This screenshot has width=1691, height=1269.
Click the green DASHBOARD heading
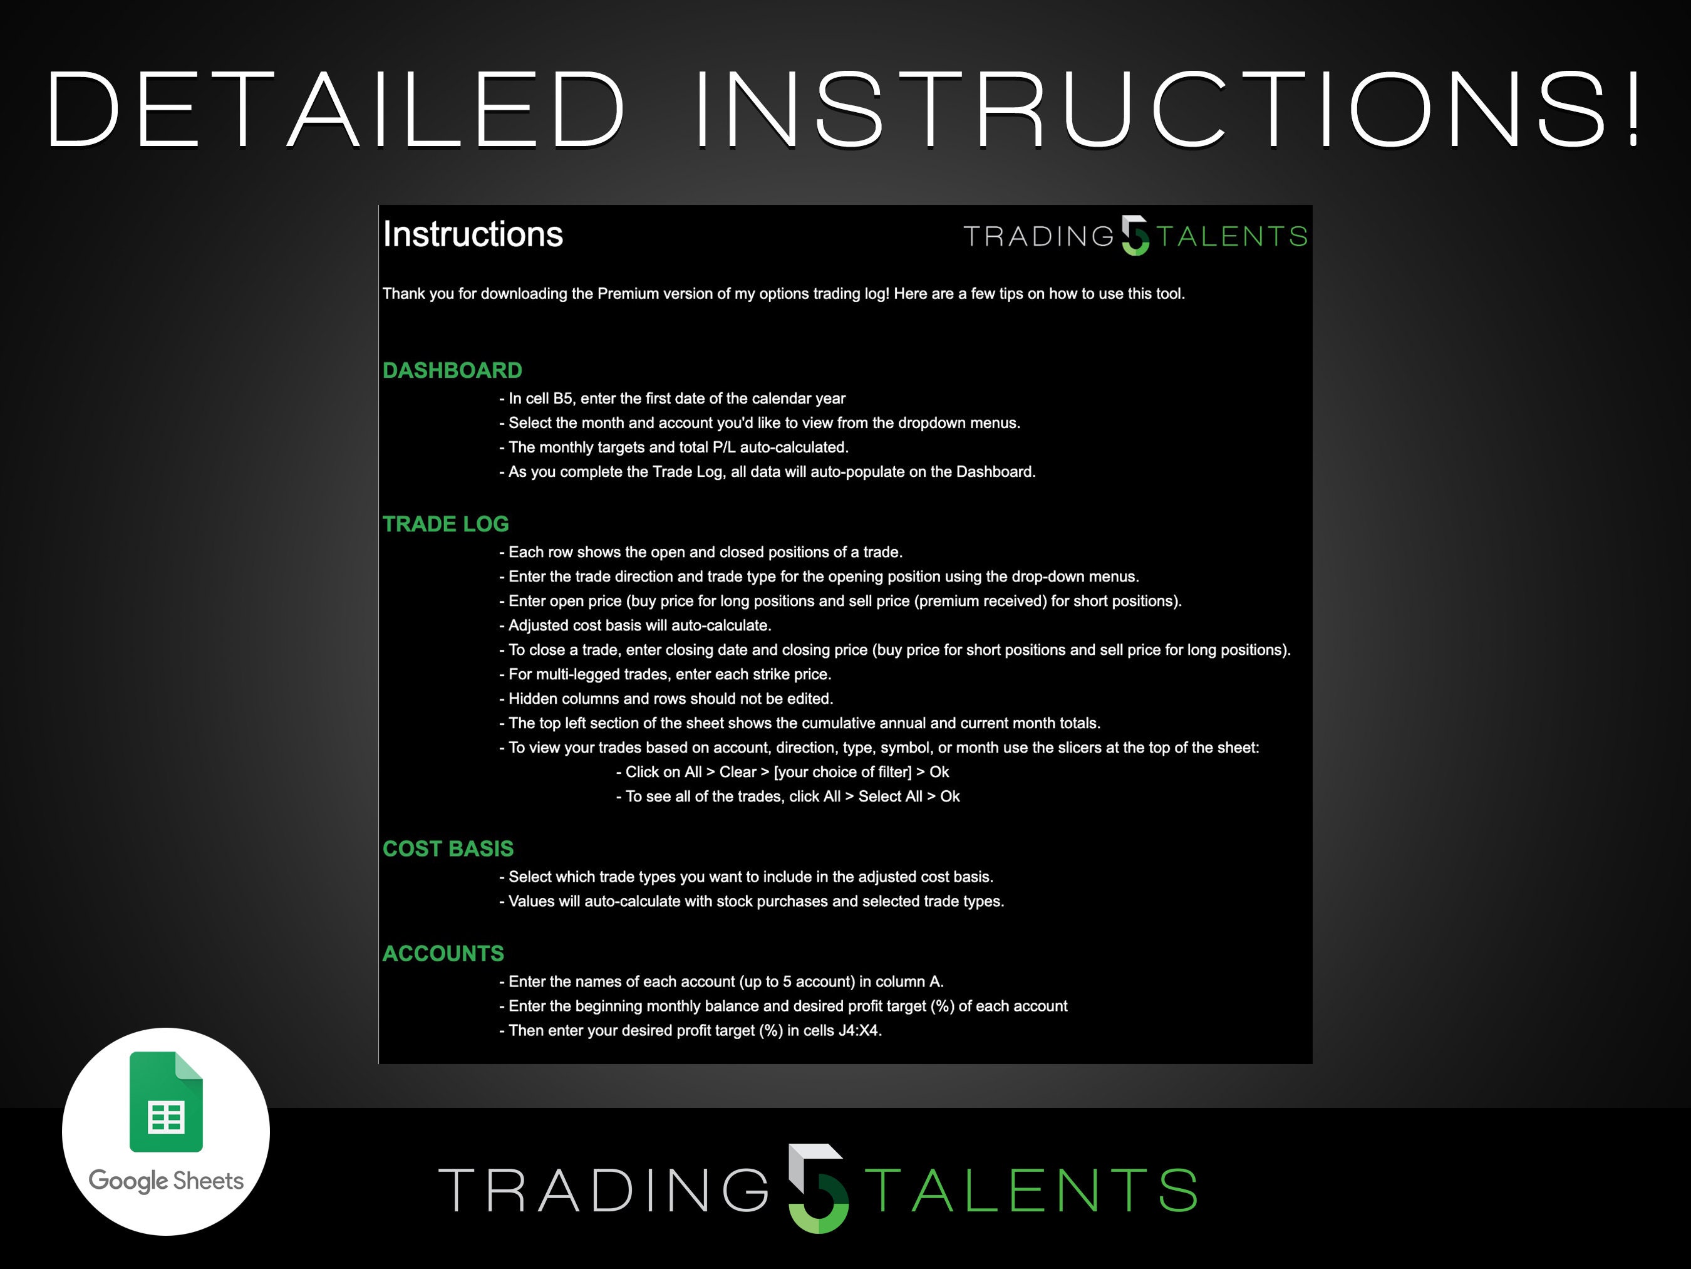(452, 370)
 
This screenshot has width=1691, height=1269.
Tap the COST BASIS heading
(448, 849)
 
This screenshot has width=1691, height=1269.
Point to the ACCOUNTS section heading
(443, 953)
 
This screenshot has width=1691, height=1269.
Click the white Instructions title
(472, 234)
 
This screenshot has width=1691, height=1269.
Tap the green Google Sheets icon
(166, 1102)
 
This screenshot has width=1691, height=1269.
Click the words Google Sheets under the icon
(166, 1180)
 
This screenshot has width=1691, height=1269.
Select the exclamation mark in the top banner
(1633, 108)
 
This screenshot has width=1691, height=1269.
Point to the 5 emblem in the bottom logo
(818, 1188)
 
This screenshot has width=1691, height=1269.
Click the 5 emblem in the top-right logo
(1135, 236)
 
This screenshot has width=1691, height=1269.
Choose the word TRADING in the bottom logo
(604, 1190)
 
